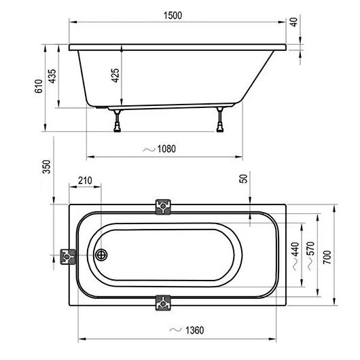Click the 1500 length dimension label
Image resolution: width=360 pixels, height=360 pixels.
click(x=173, y=16)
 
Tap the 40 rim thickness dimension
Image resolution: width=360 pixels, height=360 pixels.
click(x=294, y=22)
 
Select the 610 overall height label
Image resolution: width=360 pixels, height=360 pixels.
click(x=39, y=86)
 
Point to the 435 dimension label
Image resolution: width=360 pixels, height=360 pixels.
click(x=52, y=76)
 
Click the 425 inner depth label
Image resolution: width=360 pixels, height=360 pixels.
click(x=115, y=75)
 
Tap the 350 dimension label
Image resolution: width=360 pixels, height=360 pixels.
click(x=47, y=166)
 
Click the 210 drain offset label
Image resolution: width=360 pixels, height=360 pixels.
click(x=85, y=181)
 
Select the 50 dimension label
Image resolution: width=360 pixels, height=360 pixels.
click(x=244, y=179)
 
